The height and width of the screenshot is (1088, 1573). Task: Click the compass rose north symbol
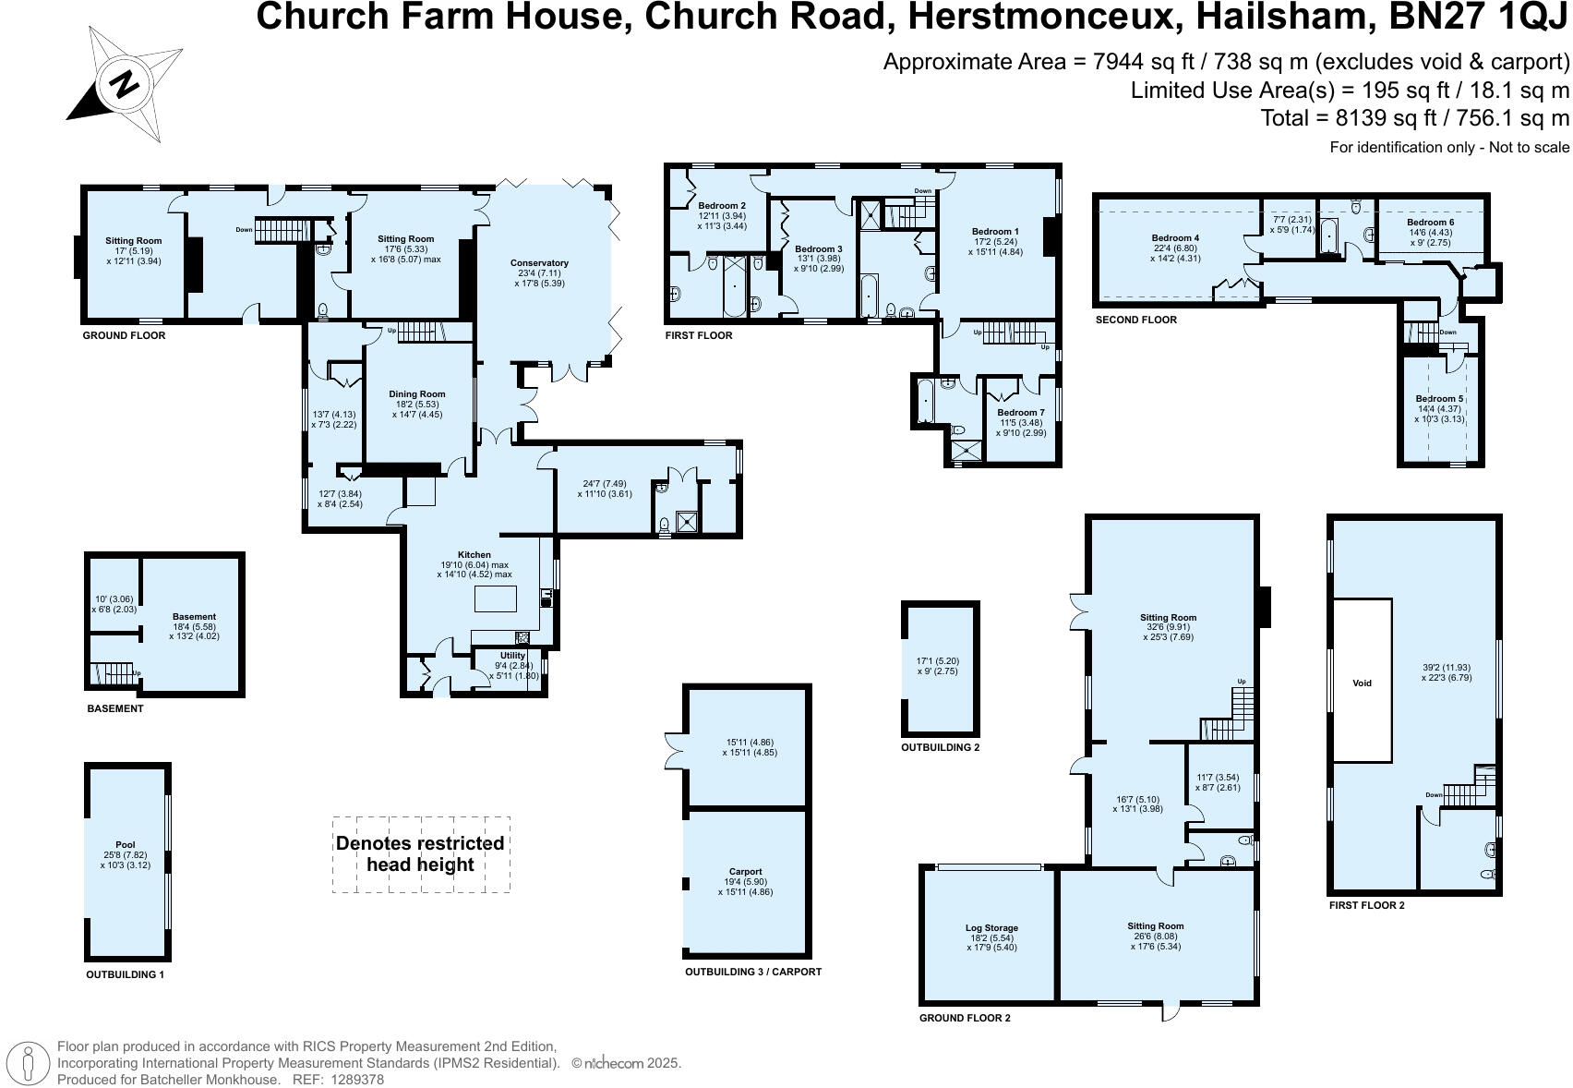click(124, 85)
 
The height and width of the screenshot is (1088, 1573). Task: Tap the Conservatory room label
click(539, 263)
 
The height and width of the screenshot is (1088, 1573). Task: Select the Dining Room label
click(416, 394)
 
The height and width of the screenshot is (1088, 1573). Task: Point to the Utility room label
click(512, 656)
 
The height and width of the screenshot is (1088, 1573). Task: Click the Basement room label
click(194, 617)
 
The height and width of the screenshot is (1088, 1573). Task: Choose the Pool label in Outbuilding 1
click(126, 845)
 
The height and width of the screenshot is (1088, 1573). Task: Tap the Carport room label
click(745, 871)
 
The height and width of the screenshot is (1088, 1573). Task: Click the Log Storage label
click(991, 928)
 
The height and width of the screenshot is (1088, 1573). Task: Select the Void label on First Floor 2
click(1362, 683)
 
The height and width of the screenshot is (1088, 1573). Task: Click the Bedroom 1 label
click(995, 232)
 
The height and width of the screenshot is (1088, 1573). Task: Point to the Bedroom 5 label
click(1439, 399)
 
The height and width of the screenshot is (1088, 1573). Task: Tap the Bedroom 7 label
click(1020, 413)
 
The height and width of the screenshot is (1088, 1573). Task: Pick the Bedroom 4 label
click(1175, 238)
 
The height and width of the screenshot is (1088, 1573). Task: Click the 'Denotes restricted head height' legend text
click(420, 854)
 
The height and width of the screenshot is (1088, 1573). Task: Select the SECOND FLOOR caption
click(1135, 320)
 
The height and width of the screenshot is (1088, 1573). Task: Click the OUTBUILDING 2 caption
click(940, 747)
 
